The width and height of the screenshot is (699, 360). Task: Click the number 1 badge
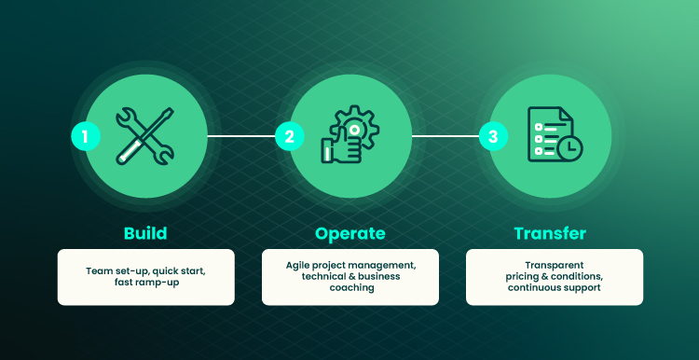click(86, 136)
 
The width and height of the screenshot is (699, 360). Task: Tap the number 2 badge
click(289, 136)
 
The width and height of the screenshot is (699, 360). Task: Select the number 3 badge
click(493, 136)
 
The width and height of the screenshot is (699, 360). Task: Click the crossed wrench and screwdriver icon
click(144, 136)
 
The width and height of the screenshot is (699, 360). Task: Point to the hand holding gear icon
click(349, 134)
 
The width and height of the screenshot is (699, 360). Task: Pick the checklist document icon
click(555, 134)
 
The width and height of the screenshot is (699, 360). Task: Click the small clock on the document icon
click(570, 149)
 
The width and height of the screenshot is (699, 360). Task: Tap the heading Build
click(145, 233)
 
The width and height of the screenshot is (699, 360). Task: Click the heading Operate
click(349, 233)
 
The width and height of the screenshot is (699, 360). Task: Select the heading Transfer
click(550, 233)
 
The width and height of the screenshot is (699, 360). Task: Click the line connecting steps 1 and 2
click(241, 136)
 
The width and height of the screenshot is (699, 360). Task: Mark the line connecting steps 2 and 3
click(445, 136)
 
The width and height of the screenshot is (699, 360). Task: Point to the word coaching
click(351, 288)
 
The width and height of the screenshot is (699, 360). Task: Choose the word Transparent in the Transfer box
click(555, 266)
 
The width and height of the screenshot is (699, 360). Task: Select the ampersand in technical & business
click(349, 277)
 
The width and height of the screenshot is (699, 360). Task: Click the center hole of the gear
click(354, 130)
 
